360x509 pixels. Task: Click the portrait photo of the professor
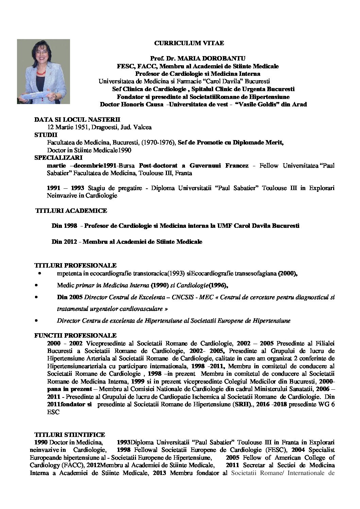pos(44,71)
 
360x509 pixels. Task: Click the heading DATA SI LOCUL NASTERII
pos(77,120)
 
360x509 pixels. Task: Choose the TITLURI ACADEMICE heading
pos(71,211)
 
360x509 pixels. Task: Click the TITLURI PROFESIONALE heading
pos(75,265)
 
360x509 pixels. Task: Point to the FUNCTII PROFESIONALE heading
pos(75,336)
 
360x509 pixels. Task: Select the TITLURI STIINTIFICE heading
pos(70,435)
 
